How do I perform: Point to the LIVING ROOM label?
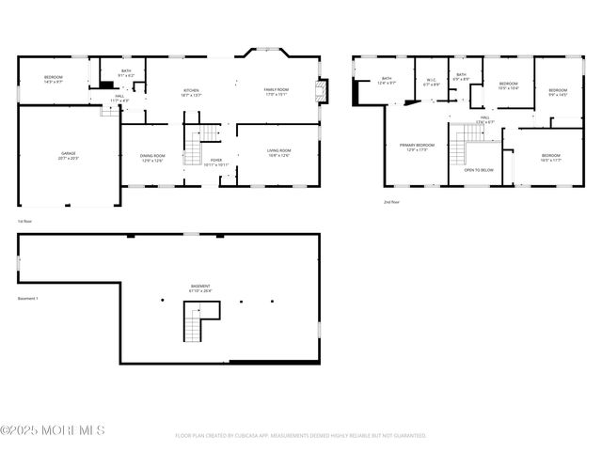tap(278, 152)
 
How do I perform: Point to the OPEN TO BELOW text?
tap(479, 170)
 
